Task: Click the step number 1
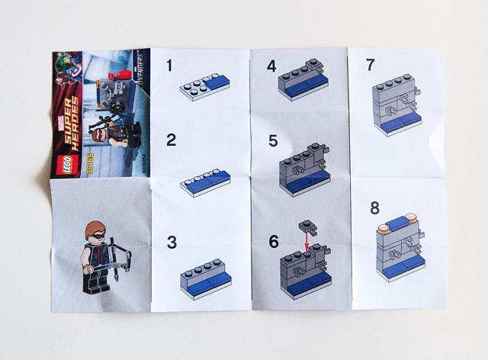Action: point(171,66)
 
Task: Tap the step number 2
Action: point(172,140)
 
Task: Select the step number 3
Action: point(172,243)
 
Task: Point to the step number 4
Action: point(271,66)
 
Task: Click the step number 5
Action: point(271,140)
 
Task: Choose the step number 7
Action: point(370,66)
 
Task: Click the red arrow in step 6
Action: point(306,242)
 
